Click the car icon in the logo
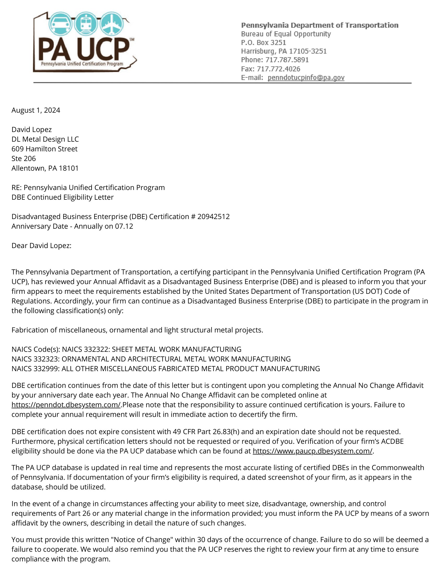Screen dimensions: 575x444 click(61, 24)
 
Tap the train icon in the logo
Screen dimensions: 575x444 click(86, 24)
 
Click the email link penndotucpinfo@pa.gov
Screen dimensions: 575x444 click(306, 78)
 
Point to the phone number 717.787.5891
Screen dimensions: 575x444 click(287, 60)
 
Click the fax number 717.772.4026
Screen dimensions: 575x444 click(278, 69)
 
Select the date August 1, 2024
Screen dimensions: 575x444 click(36, 110)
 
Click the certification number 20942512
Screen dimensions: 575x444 click(213, 217)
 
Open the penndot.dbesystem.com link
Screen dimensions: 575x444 click(66, 405)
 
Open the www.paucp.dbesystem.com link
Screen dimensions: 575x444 click(312, 451)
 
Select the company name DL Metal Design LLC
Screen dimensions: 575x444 click(45, 139)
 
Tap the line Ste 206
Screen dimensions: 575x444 click(24, 158)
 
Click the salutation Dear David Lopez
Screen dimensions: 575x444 click(41, 246)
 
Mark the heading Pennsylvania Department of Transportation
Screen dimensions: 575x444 click(320, 25)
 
